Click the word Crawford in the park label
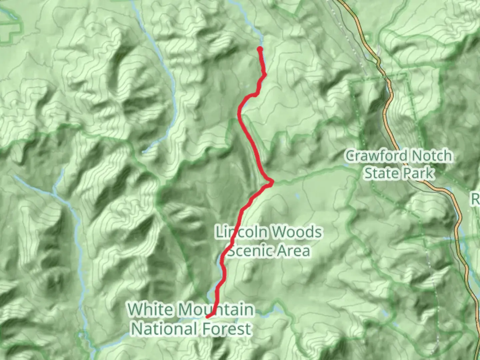(x=376, y=156)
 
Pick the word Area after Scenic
(x=294, y=251)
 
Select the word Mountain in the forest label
(x=215, y=310)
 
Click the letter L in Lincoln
(x=219, y=232)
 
